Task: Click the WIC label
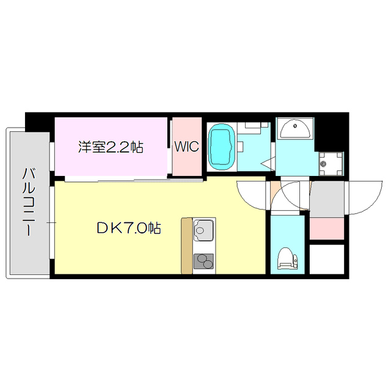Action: [x=186, y=147]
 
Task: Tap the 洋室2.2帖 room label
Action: [x=111, y=147]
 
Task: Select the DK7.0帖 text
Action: [x=128, y=228]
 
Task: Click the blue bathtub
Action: [x=221, y=147]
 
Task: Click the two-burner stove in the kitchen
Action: [x=204, y=261]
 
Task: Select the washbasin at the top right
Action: [x=296, y=128]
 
